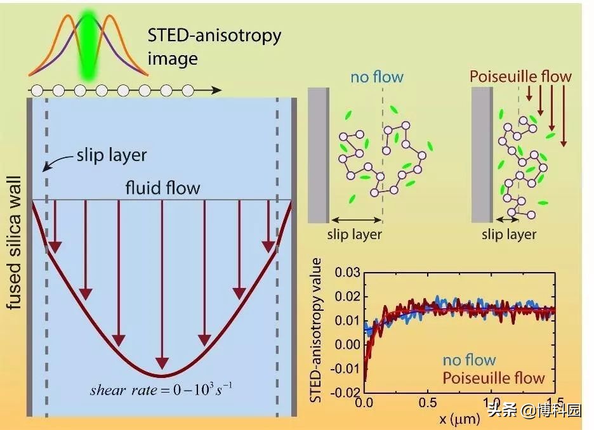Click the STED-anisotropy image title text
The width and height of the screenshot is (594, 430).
tap(214, 46)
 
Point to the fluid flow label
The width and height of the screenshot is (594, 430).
tap(162, 188)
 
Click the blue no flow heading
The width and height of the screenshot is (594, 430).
tap(376, 77)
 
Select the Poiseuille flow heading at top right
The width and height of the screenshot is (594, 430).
tap(520, 77)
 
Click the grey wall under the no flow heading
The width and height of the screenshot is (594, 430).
tap(318, 155)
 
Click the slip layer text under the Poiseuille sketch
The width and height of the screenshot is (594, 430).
tap(509, 235)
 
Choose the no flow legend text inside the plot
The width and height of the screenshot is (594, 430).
tap(469, 360)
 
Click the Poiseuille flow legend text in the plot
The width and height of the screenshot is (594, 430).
tap(494, 379)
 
